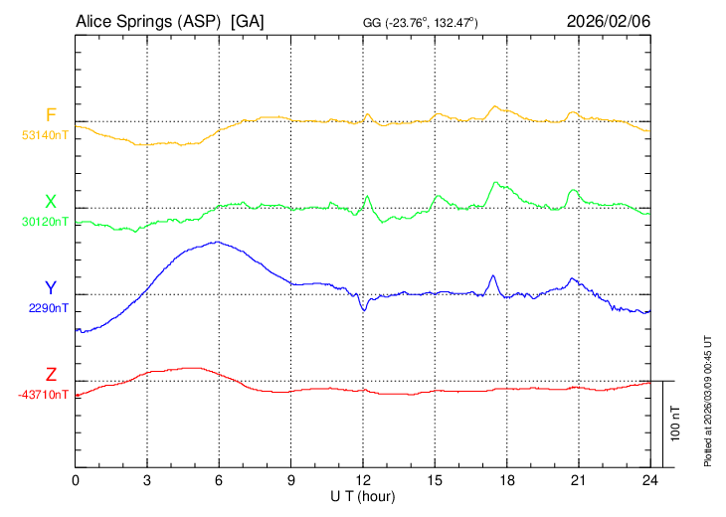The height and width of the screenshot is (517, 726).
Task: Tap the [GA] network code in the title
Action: pos(247,21)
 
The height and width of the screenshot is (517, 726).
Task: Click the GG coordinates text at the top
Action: pos(422,22)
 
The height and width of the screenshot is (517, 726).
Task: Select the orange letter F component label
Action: pos(51,114)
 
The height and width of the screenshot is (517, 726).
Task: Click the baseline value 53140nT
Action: pos(45,133)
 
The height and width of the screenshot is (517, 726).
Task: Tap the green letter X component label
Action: pos(51,201)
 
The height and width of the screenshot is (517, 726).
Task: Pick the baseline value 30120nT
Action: pos(45,221)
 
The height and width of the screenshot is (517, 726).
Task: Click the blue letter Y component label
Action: pos(51,288)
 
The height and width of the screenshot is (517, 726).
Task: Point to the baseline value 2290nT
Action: pos(48,307)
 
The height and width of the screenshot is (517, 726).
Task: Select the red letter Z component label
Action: pos(51,375)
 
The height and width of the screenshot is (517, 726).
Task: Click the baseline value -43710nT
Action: pos(43,394)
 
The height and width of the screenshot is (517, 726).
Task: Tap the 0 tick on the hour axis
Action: pos(77,480)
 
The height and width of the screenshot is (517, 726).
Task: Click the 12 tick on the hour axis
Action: pos(363,480)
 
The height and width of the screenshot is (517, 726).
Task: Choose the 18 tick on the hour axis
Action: pos(506,480)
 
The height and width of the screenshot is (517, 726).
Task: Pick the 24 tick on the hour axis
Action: pos(650,480)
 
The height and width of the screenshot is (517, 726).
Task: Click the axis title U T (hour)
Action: pos(363,495)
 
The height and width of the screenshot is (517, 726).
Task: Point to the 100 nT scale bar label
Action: pos(676,424)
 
